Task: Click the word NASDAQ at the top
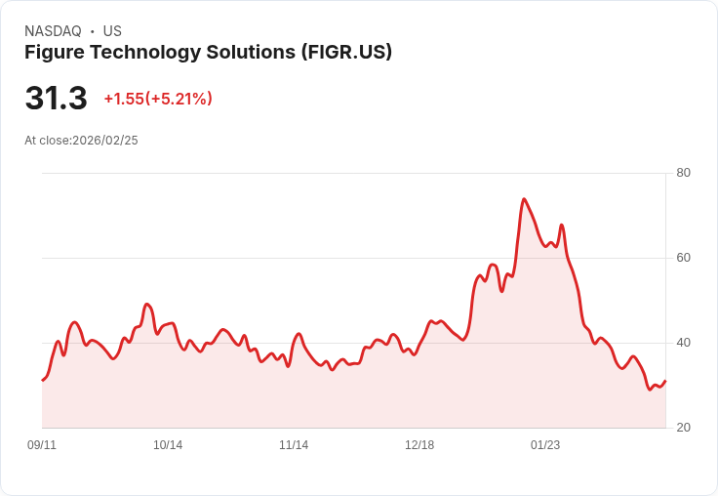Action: pyautogui.click(x=53, y=31)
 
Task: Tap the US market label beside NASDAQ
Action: pyautogui.click(x=112, y=31)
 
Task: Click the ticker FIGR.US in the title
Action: pyautogui.click(x=346, y=52)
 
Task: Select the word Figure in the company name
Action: pyautogui.click(x=55, y=52)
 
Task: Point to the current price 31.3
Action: pyautogui.click(x=56, y=99)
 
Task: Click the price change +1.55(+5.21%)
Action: pyautogui.click(x=158, y=99)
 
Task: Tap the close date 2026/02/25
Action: pyautogui.click(x=105, y=141)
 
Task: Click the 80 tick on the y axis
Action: pyautogui.click(x=683, y=173)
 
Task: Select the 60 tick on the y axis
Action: pyautogui.click(x=683, y=258)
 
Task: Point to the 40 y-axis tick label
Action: pyautogui.click(x=683, y=343)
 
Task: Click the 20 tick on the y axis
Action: pyautogui.click(x=683, y=428)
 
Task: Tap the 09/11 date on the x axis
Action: pyautogui.click(x=42, y=445)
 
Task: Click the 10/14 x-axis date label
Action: pyautogui.click(x=168, y=445)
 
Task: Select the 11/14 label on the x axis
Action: pyautogui.click(x=294, y=445)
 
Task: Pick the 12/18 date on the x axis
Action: pyautogui.click(x=419, y=445)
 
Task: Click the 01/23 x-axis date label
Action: pyautogui.click(x=545, y=445)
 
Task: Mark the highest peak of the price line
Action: pyautogui.click(x=524, y=199)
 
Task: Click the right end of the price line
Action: pyautogui.click(x=665, y=381)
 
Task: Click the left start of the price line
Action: pyautogui.click(x=42, y=380)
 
